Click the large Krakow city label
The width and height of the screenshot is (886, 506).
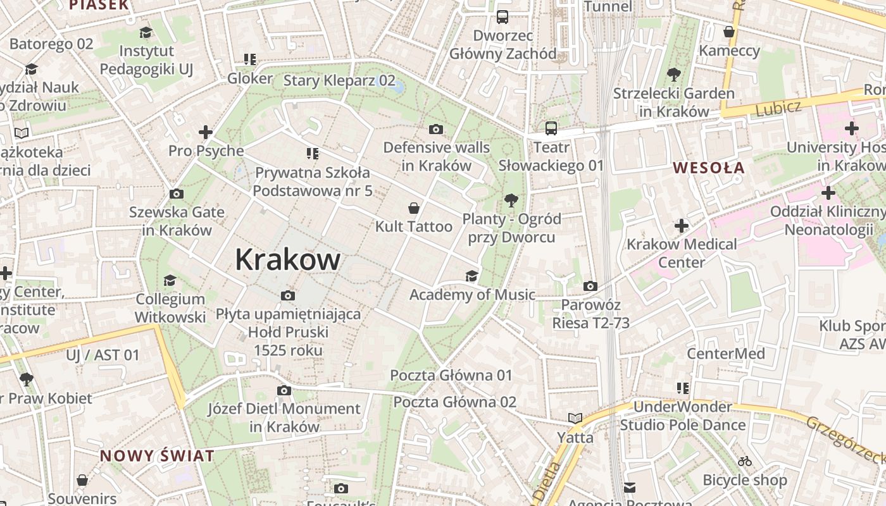[288, 259]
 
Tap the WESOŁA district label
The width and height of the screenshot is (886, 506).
[709, 168]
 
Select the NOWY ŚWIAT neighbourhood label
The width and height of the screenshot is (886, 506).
[157, 455]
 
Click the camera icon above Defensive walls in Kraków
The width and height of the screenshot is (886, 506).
[435, 130]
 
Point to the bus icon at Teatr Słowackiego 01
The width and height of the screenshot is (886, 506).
[551, 128]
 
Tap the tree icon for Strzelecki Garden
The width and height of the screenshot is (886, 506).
[674, 75]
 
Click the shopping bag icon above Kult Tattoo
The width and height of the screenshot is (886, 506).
[414, 208]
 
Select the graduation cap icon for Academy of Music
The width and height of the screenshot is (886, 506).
[471, 276]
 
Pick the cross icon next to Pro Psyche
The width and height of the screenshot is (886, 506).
[205, 132]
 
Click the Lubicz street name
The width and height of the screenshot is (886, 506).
[778, 108]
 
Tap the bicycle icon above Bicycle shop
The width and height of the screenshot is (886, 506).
[745, 461]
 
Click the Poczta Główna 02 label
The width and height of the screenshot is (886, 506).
[454, 402]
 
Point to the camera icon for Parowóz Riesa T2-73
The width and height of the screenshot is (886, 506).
[590, 287]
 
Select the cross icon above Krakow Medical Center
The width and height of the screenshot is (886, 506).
[682, 225]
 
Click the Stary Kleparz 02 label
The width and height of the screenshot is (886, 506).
[339, 80]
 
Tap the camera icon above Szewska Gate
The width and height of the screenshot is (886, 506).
[177, 194]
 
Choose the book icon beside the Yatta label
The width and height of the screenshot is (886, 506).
[575, 418]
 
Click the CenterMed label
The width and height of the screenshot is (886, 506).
[726, 354]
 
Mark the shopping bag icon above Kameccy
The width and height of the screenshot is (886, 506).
[729, 32]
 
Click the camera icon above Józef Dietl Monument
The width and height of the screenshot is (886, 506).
[284, 390]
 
